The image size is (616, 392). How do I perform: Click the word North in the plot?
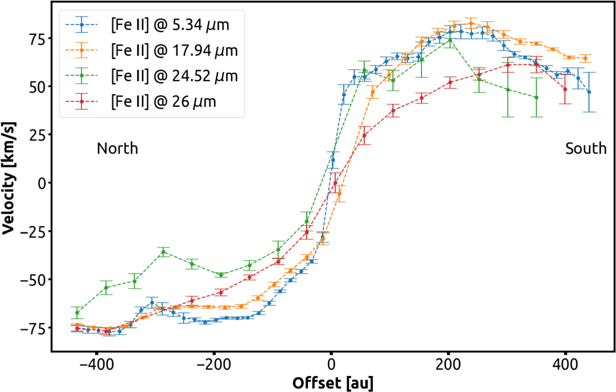coord(117,148)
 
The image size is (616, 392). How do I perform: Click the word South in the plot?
coord(586,148)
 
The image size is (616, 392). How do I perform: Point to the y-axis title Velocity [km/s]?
coord(9,178)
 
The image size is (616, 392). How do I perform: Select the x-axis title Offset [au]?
coord(333,383)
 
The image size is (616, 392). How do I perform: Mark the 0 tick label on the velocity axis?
coord(42,183)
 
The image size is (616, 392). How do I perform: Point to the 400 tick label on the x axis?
coord(565,364)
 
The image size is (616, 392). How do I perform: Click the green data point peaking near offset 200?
coord(450,40)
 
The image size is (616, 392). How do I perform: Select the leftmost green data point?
coord(77,313)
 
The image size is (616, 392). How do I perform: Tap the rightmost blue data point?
coord(589,92)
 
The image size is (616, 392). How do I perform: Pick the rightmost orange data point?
coord(585,58)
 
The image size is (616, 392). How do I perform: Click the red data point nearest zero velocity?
coord(335,183)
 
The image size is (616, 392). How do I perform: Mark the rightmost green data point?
coord(536,97)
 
